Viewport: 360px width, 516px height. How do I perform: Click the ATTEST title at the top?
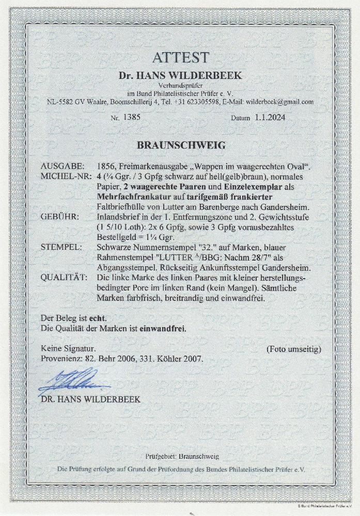180,57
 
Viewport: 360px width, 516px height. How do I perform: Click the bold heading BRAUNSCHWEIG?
180,145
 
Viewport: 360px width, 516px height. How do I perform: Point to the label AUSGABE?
60,166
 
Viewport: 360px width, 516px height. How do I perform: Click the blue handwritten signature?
67,383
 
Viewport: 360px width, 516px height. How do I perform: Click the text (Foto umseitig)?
293,349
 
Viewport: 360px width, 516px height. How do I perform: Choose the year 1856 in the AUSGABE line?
106,166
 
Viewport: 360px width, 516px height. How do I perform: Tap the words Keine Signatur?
66,349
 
